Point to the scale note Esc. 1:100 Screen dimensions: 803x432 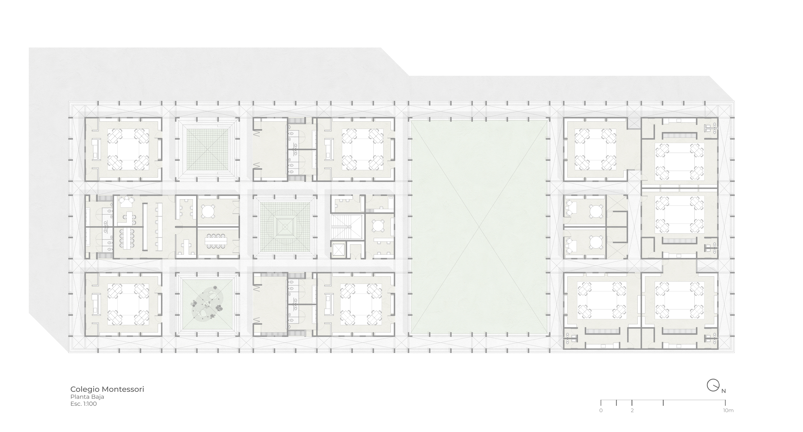84,404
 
